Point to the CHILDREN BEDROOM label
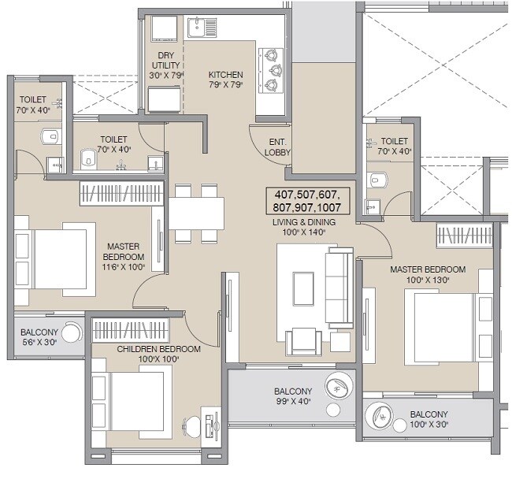(x=158, y=348)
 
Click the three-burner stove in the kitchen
(x=272, y=69)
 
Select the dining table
(x=196, y=213)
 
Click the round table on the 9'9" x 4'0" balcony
(x=339, y=387)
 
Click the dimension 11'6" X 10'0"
(x=124, y=268)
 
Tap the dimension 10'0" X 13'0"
(x=427, y=280)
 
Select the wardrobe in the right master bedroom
(x=466, y=235)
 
